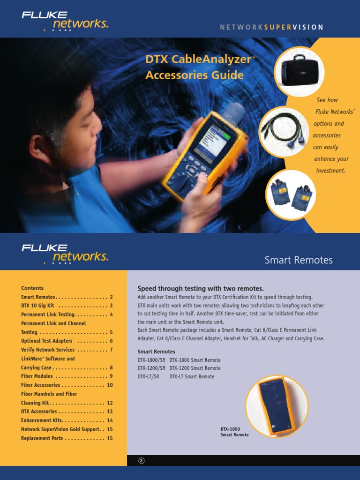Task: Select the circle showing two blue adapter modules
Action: point(290,195)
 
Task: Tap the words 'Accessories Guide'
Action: point(195,75)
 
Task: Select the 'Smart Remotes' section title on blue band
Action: point(299,260)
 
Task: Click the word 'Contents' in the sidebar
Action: point(32,288)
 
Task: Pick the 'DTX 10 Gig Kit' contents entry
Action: point(38,306)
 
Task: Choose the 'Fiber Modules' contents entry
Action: point(37,376)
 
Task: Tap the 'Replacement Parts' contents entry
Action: point(42,438)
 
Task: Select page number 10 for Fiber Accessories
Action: point(110,385)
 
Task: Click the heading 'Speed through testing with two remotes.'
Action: point(201,288)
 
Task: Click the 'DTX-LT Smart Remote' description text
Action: point(192,377)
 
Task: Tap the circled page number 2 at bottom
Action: point(141,461)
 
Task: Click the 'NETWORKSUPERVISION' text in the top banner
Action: point(272,27)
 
